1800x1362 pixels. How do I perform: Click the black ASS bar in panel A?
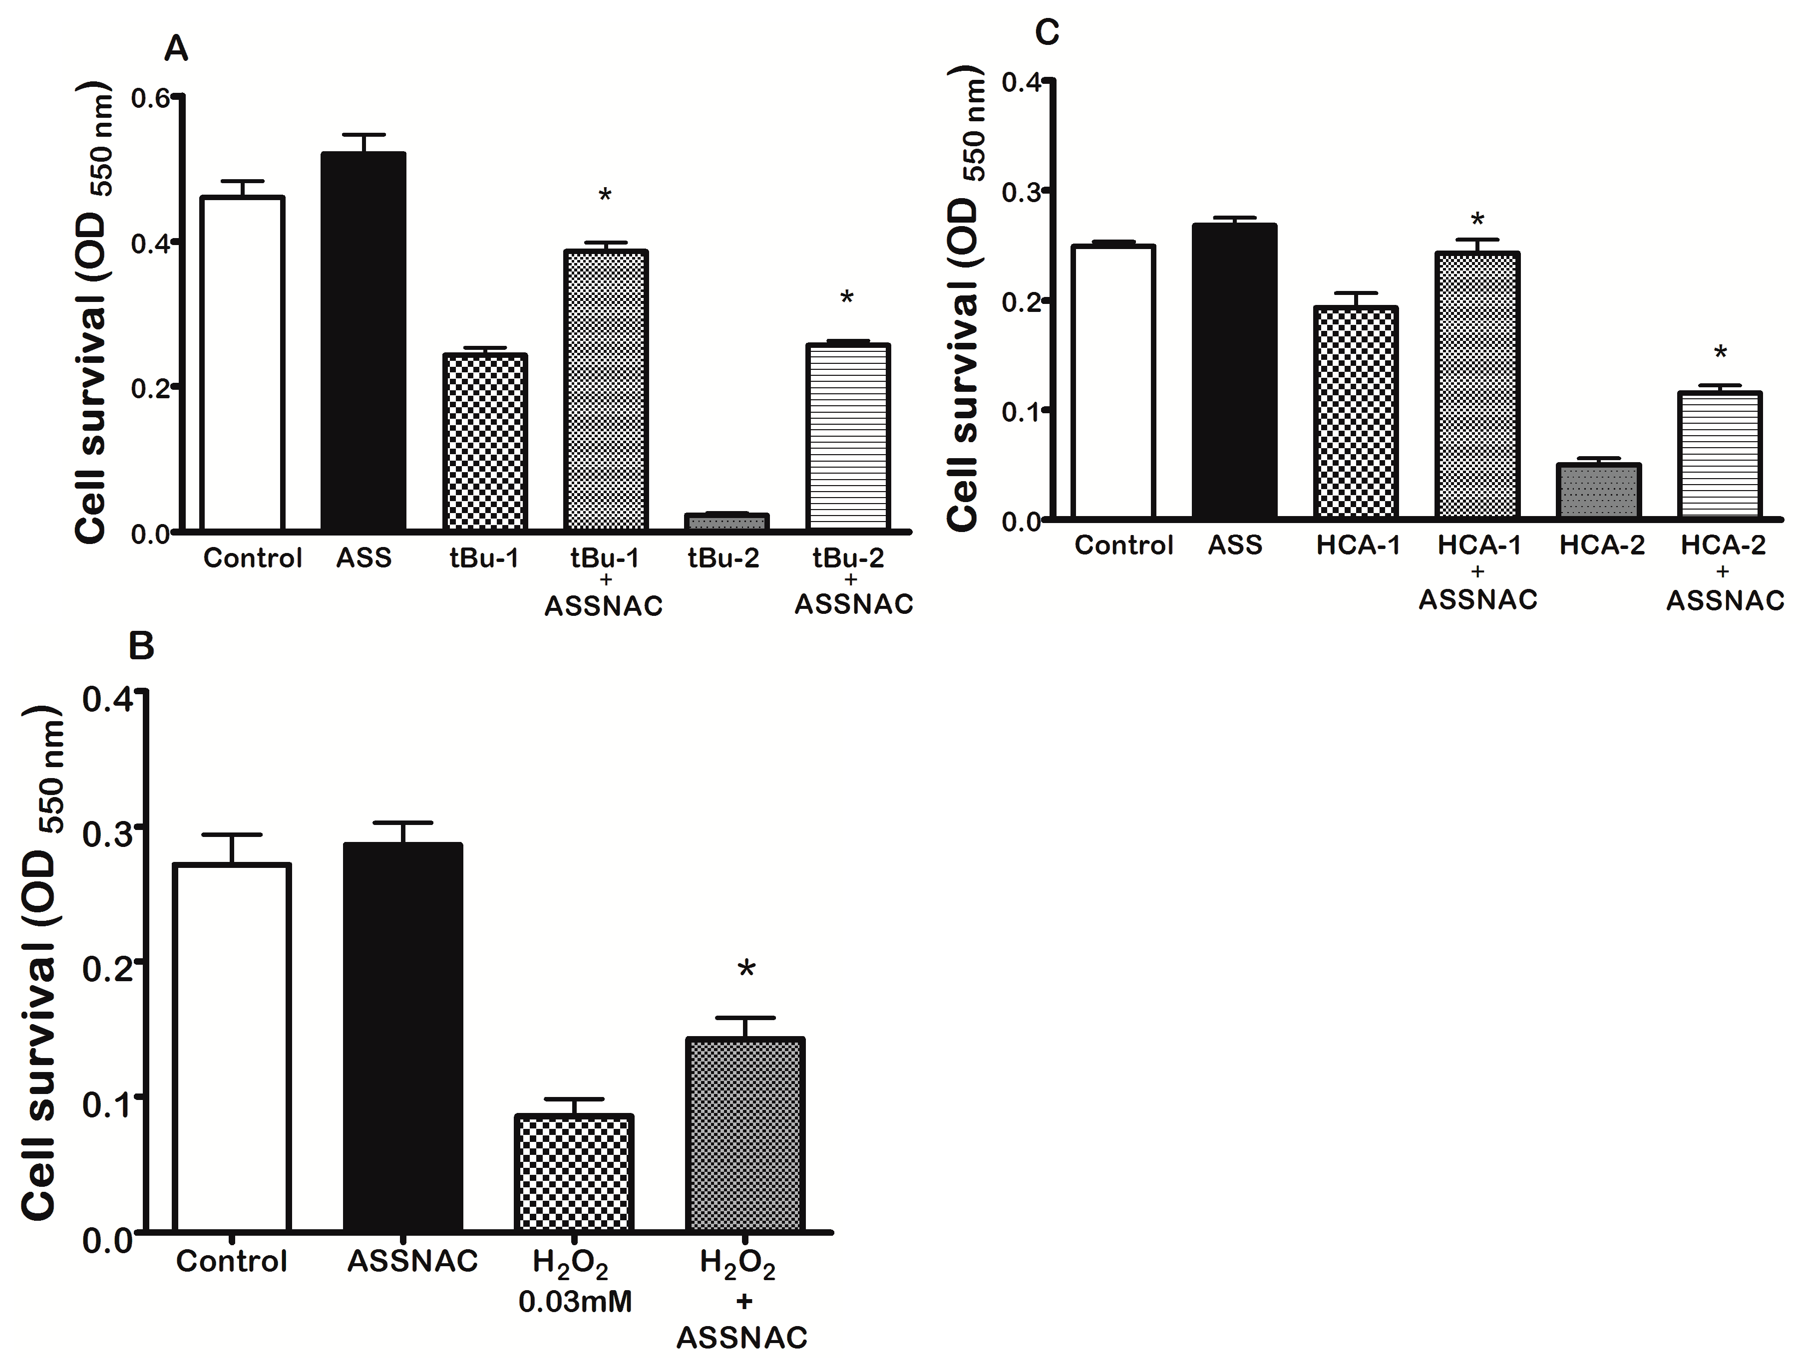363,342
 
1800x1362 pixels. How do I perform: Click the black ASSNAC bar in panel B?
403,1038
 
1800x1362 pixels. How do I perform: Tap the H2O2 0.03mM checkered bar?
575,1172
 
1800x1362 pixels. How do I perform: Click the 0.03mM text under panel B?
575,1302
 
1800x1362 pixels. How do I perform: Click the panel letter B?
142,647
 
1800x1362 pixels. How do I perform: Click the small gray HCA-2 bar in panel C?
1598,491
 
